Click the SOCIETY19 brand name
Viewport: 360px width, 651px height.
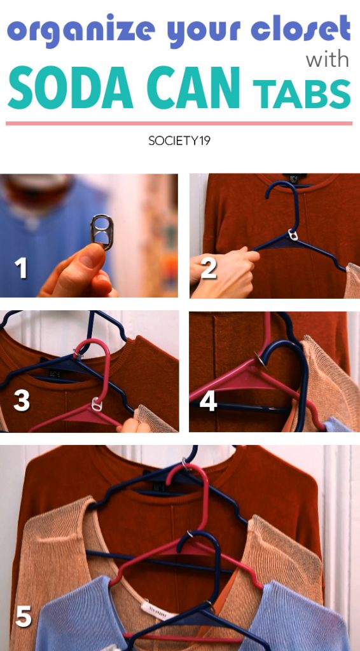click(179, 140)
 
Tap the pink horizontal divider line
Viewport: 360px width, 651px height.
click(179, 123)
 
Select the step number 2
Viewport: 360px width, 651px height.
click(209, 268)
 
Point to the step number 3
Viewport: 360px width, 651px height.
click(22, 401)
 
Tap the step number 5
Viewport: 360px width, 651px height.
click(24, 617)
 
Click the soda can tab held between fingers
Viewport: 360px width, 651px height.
click(101, 231)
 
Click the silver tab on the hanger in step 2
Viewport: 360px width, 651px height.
click(294, 235)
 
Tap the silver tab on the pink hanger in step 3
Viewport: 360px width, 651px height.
click(97, 404)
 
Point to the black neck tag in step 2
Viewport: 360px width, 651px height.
click(289, 179)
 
